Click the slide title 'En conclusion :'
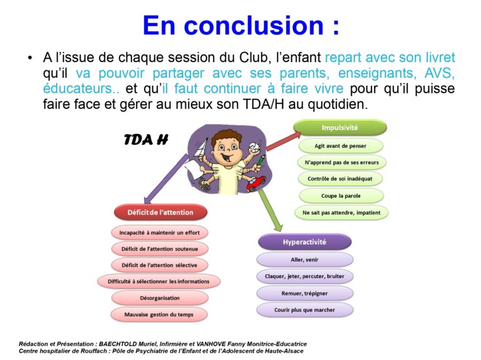(x=241, y=25)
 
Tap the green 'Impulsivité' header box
(x=340, y=128)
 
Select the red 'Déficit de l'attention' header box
(x=160, y=212)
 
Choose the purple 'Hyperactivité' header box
(x=304, y=242)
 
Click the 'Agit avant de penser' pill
(x=341, y=146)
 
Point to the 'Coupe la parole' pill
(x=341, y=195)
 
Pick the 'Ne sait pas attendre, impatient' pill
(x=341, y=212)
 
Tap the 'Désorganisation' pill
(x=160, y=298)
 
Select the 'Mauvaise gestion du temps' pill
(x=159, y=314)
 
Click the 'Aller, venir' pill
(x=304, y=260)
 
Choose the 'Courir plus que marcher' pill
(x=304, y=310)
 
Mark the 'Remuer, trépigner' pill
(x=304, y=294)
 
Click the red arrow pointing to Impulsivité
(x=284, y=141)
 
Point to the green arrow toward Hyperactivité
(x=271, y=210)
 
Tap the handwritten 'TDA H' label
(x=146, y=140)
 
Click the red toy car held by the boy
(x=256, y=183)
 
